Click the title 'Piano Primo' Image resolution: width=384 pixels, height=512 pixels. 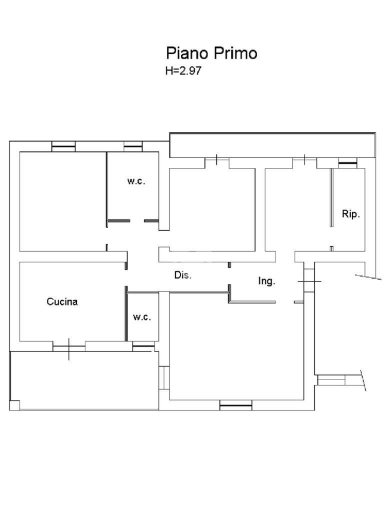[211, 53]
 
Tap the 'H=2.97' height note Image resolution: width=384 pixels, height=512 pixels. [183, 70]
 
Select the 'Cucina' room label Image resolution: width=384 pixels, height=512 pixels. [62, 301]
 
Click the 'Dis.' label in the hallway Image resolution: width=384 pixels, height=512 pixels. [183, 275]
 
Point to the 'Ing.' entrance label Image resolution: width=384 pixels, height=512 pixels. [267, 281]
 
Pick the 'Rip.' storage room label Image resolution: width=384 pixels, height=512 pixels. [350, 214]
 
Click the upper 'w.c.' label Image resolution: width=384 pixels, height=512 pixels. [136, 181]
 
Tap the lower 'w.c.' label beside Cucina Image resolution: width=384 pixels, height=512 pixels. [142, 317]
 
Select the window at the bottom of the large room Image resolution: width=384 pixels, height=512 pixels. [236, 405]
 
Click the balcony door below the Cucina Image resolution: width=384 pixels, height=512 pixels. [69, 348]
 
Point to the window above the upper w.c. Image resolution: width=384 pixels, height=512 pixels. [133, 146]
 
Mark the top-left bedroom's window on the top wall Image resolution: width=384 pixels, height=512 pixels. [63, 146]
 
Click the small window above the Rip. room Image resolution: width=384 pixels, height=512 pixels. [347, 163]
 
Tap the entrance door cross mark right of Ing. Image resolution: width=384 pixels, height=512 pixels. [309, 281]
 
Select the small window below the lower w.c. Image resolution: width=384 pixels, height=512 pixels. [143, 346]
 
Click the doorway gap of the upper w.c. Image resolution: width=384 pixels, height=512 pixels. [137, 221]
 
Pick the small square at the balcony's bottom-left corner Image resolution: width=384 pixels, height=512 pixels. [14, 405]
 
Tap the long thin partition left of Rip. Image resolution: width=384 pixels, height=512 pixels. [331, 197]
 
